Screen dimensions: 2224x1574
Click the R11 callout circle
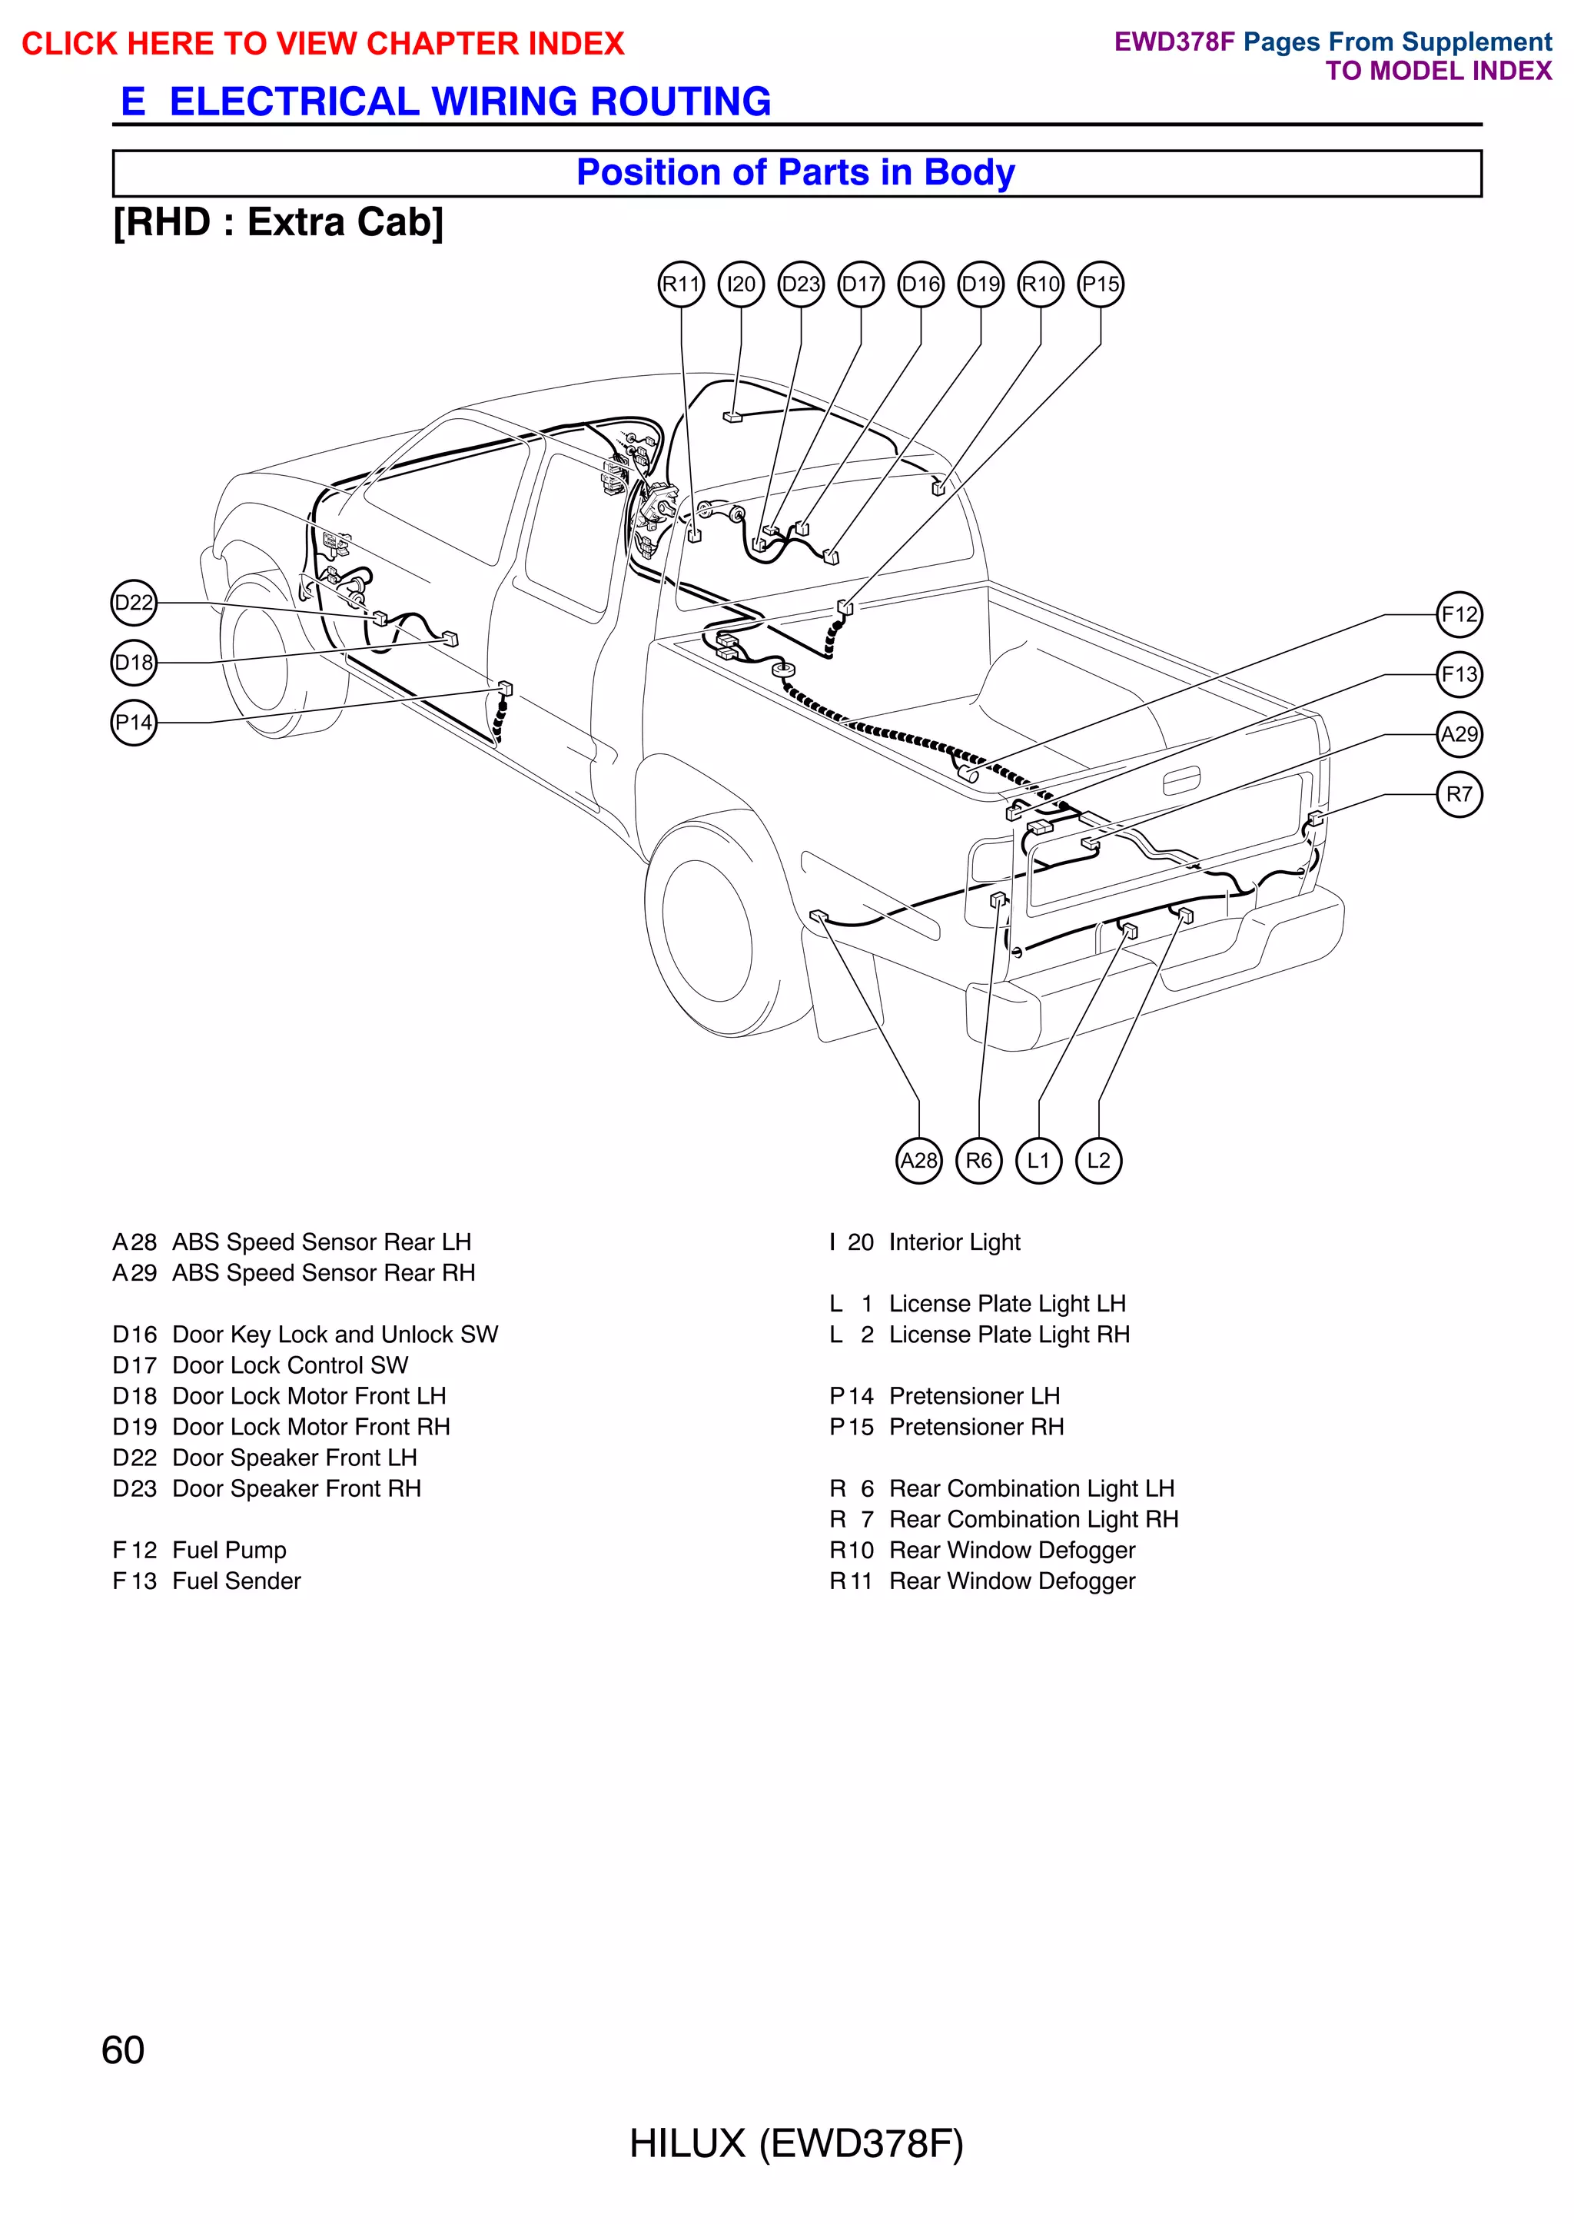click(x=682, y=284)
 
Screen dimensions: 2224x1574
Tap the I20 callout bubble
click(x=742, y=284)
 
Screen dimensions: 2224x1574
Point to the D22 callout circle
click(x=134, y=603)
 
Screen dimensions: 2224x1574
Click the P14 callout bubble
click(x=134, y=723)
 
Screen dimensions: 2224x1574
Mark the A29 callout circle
click(x=1459, y=734)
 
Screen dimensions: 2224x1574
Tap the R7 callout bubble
click(x=1459, y=795)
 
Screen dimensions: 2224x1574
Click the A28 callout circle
click(x=919, y=1161)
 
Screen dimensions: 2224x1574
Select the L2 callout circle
click(x=1098, y=1161)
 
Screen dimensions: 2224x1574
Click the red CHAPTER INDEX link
click(x=323, y=44)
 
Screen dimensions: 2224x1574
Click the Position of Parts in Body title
click(x=795, y=172)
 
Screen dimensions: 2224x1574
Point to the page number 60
click(x=123, y=2049)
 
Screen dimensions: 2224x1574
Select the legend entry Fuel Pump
click(x=229, y=1551)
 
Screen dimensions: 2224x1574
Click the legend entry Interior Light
click(x=954, y=1242)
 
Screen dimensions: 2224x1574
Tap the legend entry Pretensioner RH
click(x=976, y=1427)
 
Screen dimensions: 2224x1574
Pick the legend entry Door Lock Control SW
click(x=290, y=1365)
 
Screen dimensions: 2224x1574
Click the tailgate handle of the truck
click(x=1180, y=780)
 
